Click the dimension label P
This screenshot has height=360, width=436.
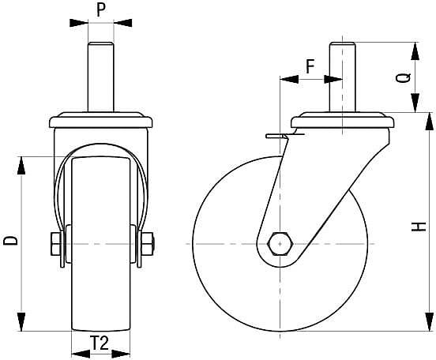100,9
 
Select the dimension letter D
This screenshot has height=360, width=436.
10,241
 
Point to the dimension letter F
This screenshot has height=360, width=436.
310,67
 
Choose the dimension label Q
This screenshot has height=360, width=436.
403,77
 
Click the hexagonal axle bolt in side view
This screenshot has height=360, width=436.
281,244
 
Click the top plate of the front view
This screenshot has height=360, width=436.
100,121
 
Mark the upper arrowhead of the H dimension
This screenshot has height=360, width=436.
430,119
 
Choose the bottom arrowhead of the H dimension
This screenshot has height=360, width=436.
430,325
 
